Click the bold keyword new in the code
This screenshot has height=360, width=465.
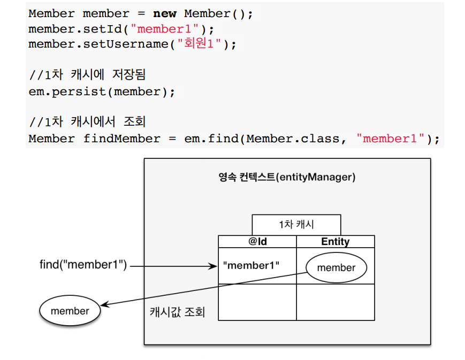[x=164, y=13]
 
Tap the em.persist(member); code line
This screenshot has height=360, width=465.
[x=102, y=91]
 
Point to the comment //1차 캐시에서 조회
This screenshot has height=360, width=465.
[x=89, y=121]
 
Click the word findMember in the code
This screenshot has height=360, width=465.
[x=121, y=139]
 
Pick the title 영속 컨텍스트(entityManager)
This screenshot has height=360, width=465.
[x=287, y=177]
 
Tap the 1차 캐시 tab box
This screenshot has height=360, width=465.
[x=296, y=225]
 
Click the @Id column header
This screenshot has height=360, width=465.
[x=257, y=242]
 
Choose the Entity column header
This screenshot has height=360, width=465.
[x=335, y=242]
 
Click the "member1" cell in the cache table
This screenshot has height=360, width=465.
[x=251, y=265]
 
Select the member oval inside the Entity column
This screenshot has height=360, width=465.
[x=336, y=267]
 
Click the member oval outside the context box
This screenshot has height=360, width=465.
[x=70, y=311]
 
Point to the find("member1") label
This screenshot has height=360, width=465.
[x=83, y=265]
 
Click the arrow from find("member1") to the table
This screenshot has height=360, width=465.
[x=171, y=265]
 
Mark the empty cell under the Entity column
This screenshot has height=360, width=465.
[x=335, y=302]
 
